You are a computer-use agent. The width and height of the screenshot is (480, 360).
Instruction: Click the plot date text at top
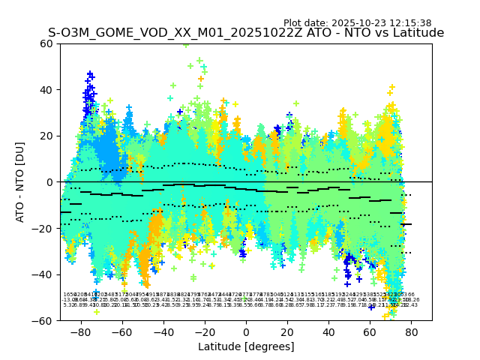[x=357, y=23]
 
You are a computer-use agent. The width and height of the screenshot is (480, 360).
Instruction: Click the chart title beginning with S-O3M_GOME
[x=246, y=33]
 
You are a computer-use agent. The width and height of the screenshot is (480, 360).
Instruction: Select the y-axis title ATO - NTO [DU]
[x=20, y=181]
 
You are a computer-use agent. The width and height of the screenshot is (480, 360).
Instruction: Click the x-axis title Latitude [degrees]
[x=246, y=346]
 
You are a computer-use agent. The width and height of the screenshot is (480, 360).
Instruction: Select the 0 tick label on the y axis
[x=50, y=182]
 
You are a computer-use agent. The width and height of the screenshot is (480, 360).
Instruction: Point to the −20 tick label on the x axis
[x=204, y=331]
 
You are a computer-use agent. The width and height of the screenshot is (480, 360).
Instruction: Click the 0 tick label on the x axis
[x=246, y=331]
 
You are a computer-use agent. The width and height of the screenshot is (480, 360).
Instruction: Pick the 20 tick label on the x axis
[x=287, y=331]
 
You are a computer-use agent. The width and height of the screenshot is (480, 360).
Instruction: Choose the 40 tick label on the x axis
[x=328, y=331]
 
